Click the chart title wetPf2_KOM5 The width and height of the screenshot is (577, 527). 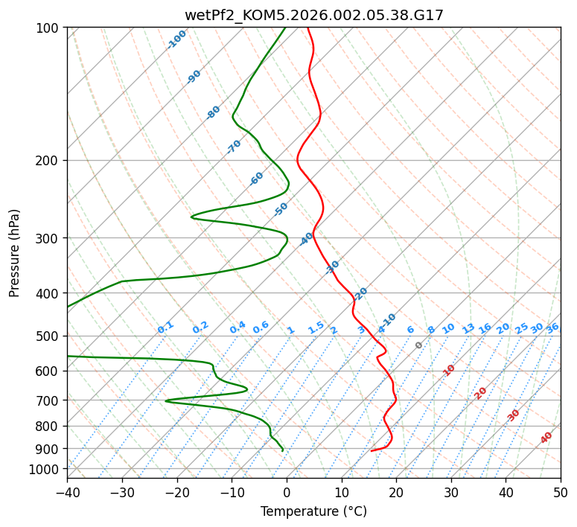(x=313, y=14)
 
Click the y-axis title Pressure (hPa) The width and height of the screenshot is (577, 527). (x=15, y=253)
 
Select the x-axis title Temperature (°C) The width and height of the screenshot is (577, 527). (x=313, y=511)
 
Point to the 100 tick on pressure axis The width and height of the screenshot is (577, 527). (x=49, y=28)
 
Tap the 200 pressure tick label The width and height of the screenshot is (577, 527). (x=49, y=161)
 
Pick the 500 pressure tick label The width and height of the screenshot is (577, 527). (x=49, y=336)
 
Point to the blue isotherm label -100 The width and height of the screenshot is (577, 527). (x=176, y=39)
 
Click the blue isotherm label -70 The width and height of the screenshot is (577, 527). (x=234, y=147)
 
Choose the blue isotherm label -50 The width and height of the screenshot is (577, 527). (x=281, y=209)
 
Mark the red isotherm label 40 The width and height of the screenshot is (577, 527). (x=546, y=438)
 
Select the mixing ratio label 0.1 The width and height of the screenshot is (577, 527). (x=165, y=328)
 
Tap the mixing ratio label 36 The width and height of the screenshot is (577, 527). (x=552, y=328)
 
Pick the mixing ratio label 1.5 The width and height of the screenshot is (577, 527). (x=316, y=328)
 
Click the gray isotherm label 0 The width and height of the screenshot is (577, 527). (x=419, y=345)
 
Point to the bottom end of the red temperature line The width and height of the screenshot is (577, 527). (x=372, y=450)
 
